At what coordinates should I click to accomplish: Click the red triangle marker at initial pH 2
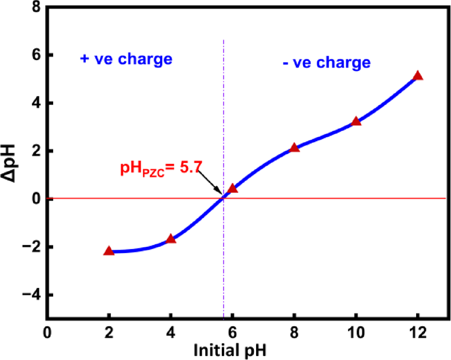point(109,251)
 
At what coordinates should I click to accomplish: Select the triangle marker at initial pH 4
point(170,238)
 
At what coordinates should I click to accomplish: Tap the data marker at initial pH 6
point(232,189)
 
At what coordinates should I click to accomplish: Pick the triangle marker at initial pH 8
point(294,147)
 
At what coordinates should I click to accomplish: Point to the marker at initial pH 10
point(356,121)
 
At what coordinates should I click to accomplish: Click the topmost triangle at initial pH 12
point(418,75)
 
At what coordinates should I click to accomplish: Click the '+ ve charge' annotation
point(125,59)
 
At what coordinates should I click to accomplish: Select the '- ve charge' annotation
point(326,62)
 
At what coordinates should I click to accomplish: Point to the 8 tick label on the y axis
point(35,7)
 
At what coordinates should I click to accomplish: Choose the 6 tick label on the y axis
point(35,55)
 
